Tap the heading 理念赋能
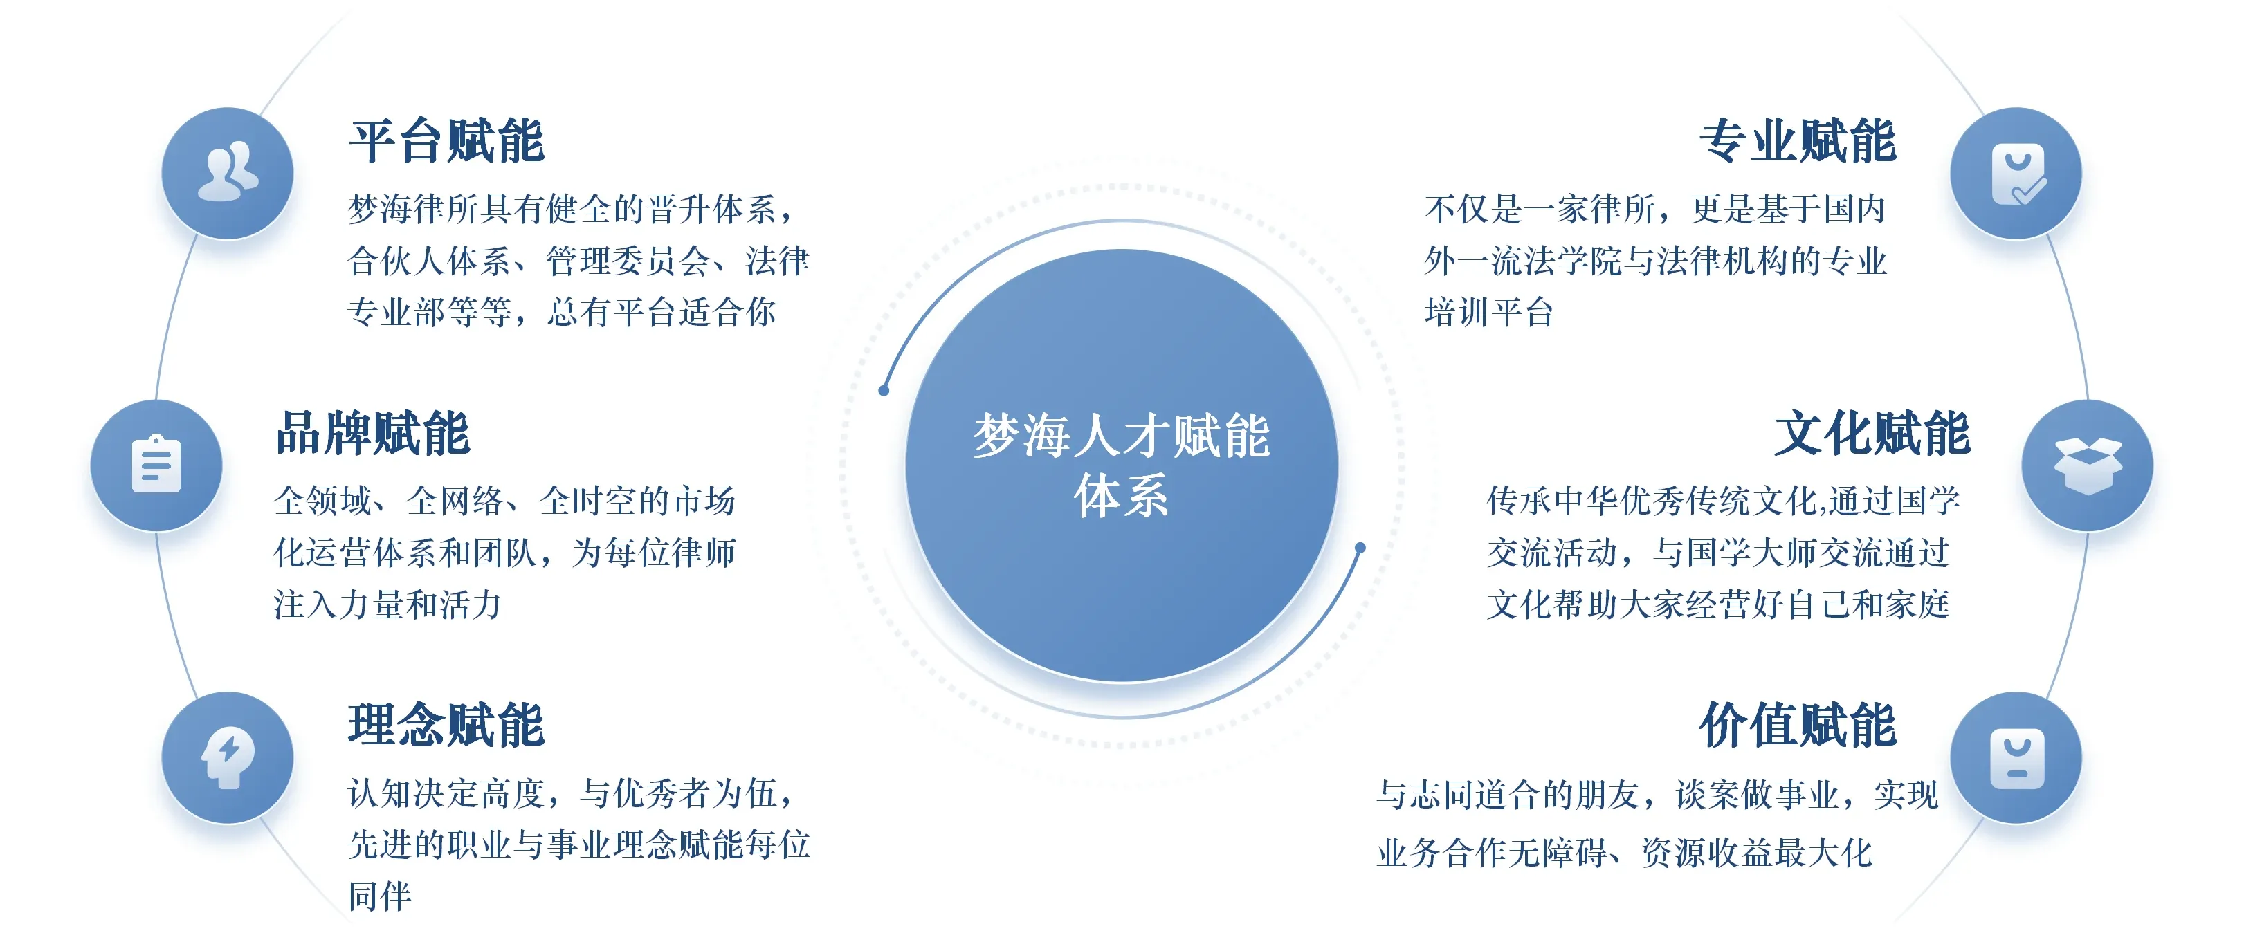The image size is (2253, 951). click(x=447, y=725)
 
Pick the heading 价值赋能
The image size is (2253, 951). click(x=1798, y=725)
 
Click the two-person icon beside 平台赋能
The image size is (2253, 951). click(x=228, y=172)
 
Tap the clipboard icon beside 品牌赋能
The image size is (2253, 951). click(x=156, y=464)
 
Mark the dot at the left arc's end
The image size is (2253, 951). click(x=884, y=390)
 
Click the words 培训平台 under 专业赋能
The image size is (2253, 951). click(x=1488, y=312)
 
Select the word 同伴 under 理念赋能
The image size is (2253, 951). click(x=380, y=896)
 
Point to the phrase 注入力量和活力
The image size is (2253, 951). click(x=387, y=604)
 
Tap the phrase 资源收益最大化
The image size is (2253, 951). click(x=1756, y=852)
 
